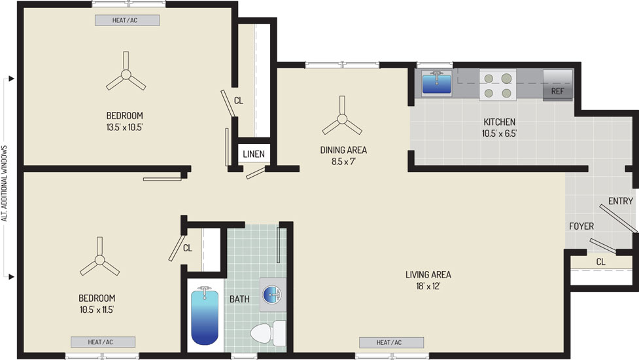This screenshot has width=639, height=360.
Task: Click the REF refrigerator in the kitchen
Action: pyautogui.click(x=557, y=85)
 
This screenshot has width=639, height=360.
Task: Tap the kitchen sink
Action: pyautogui.click(x=436, y=82)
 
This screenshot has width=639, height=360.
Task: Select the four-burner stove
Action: pyautogui.click(x=498, y=85)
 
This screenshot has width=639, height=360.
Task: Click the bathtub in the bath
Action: pyautogui.click(x=205, y=315)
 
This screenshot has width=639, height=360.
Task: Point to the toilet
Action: pyautogui.click(x=268, y=333)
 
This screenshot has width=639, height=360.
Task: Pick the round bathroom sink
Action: pyautogui.click(x=272, y=294)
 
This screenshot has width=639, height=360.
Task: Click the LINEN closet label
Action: pyautogui.click(x=254, y=154)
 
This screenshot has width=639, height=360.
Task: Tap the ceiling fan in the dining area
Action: pyautogui.click(x=342, y=118)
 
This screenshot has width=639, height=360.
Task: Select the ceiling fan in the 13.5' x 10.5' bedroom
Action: pyautogui.click(x=126, y=74)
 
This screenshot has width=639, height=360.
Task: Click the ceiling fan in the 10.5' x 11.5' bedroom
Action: pyautogui.click(x=99, y=259)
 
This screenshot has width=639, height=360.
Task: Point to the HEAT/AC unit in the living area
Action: pyautogui.click(x=391, y=342)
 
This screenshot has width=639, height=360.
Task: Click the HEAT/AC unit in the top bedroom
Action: pyautogui.click(x=127, y=20)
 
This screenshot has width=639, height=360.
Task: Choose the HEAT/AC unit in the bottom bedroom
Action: pyautogui.click(x=103, y=342)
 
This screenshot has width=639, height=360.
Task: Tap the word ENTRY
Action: pyautogui.click(x=620, y=201)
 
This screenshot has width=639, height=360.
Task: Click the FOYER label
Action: pyautogui.click(x=581, y=226)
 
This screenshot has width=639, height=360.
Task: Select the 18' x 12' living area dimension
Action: pyautogui.click(x=428, y=286)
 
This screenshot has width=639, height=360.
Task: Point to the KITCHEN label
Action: pyautogui.click(x=499, y=122)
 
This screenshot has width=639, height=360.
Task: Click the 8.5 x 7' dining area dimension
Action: pyautogui.click(x=343, y=162)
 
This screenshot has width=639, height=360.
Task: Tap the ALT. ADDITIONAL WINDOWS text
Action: pyautogui.click(x=5, y=183)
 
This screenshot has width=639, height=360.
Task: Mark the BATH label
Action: pyautogui.click(x=239, y=299)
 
